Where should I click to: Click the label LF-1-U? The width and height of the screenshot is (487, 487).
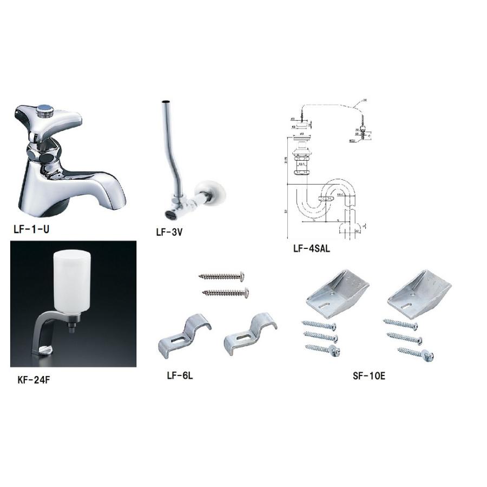point(31,229)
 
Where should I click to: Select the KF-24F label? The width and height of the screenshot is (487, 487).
point(34,380)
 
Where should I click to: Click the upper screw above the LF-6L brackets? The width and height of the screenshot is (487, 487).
point(222,277)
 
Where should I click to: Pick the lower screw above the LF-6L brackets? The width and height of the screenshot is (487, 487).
point(226,293)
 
